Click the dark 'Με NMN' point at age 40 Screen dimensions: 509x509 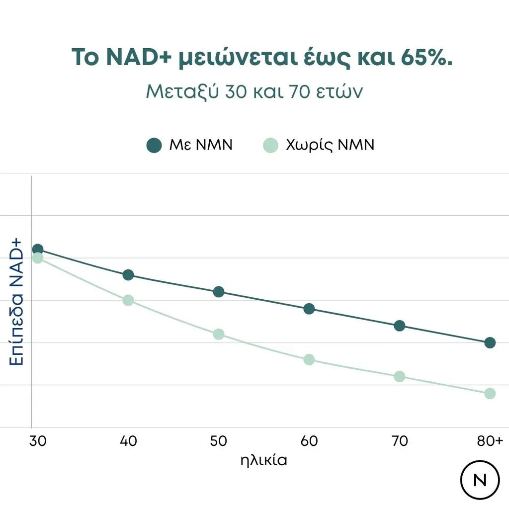tap(128, 275)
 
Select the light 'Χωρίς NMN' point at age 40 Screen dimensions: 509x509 tap(128, 300)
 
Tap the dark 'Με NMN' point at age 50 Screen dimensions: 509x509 tap(219, 292)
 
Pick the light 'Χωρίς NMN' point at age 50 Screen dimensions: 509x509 tap(219, 334)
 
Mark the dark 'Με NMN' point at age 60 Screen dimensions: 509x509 tap(309, 309)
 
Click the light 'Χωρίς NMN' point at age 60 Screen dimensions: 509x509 tap(309, 359)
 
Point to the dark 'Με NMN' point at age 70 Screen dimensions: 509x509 tap(400, 326)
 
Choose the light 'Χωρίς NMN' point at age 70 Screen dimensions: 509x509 tap(400, 376)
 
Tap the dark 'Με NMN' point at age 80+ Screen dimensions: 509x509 tap(490, 342)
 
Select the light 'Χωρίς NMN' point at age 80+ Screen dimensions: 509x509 tap(490, 394)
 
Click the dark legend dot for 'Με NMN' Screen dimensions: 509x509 tap(155, 146)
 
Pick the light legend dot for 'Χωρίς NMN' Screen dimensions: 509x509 tap(270, 146)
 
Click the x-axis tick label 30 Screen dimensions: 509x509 tap(38, 441)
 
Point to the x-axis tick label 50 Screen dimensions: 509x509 tap(219, 441)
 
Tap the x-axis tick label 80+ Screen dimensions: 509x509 tap(490, 441)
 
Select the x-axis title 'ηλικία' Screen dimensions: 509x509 tap(263, 460)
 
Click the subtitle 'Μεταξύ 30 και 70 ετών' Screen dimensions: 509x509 tap(254, 92)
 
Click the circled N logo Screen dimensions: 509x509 tap(480, 480)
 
